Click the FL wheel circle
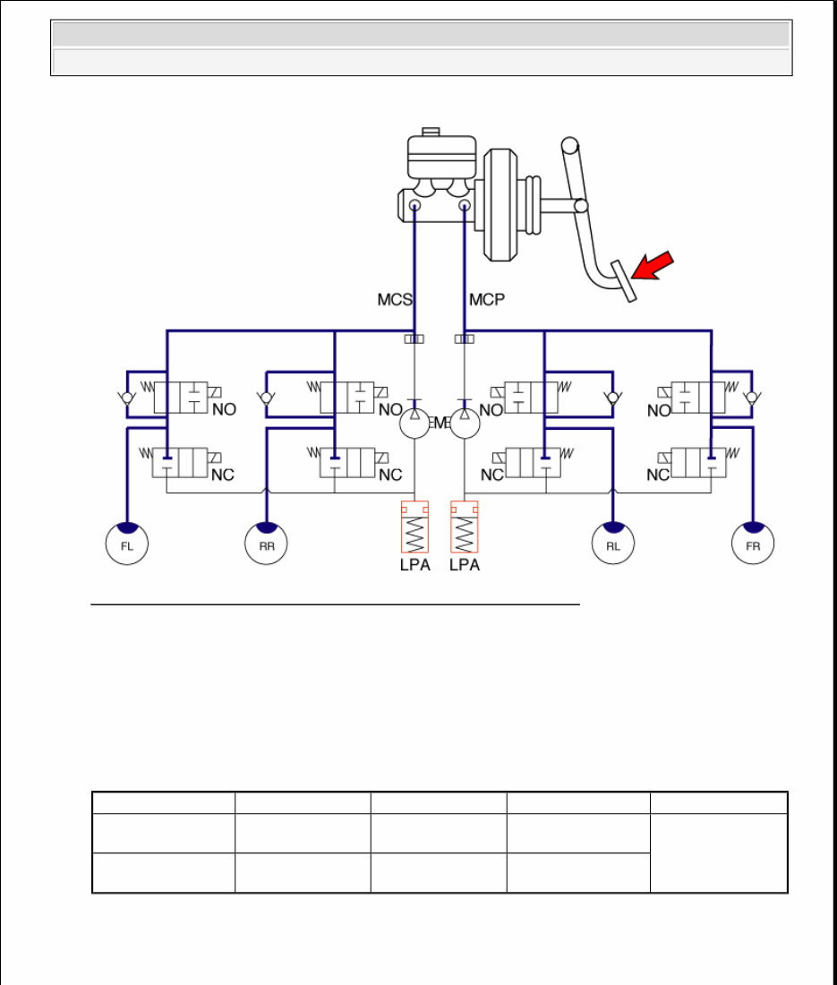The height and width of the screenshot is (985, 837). click(126, 544)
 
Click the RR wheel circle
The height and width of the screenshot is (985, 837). click(266, 544)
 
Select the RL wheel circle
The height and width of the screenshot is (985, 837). click(613, 544)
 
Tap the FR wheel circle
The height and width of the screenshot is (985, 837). click(753, 544)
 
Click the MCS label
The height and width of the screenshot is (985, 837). click(395, 299)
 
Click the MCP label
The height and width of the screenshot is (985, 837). click(487, 299)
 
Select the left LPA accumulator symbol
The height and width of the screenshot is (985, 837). click(414, 527)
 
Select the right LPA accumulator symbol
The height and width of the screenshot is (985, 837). click(464, 527)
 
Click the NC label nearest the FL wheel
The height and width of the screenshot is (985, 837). click(223, 475)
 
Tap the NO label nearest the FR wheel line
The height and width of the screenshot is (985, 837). click(659, 411)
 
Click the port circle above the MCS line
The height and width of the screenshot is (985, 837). click(414, 207)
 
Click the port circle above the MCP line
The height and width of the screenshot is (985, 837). click(465, 207)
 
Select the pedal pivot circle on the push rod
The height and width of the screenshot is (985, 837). click(581, 206)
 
